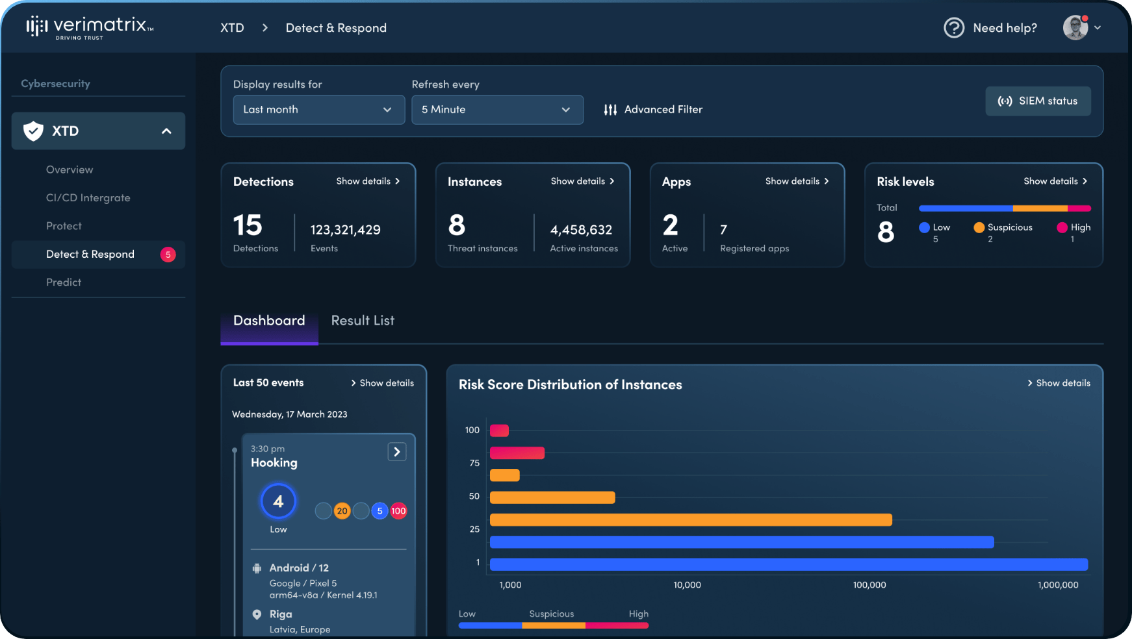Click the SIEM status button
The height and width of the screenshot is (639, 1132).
pos(1038,101)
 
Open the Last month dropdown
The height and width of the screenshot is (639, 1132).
pos(318,110)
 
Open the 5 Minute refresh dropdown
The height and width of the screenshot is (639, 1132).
pos(497,110)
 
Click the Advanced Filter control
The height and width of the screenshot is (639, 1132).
pos(653,110)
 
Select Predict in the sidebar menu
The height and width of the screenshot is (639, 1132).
pos(64,282)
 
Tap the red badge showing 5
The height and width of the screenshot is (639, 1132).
pos(168,255)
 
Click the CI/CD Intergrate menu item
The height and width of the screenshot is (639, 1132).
pos(88,198)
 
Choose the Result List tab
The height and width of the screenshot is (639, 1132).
pos(363,321)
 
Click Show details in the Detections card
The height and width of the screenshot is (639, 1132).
pos(368,181)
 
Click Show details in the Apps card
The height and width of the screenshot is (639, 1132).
pos(797,181)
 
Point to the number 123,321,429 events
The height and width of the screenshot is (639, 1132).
pos(345,230)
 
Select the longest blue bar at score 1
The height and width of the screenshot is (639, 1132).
pos(788,564)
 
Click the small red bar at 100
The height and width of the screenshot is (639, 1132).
pos(499,431)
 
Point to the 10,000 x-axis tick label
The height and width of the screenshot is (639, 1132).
pos(687,585)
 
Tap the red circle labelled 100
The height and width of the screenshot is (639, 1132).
pos(398,511)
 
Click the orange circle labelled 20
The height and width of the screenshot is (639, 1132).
pos(342,511)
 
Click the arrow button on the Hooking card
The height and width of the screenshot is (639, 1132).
pos(396,452)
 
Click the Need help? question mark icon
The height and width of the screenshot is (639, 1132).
pos(953,28)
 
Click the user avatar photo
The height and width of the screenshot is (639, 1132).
pos(1075,28)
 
